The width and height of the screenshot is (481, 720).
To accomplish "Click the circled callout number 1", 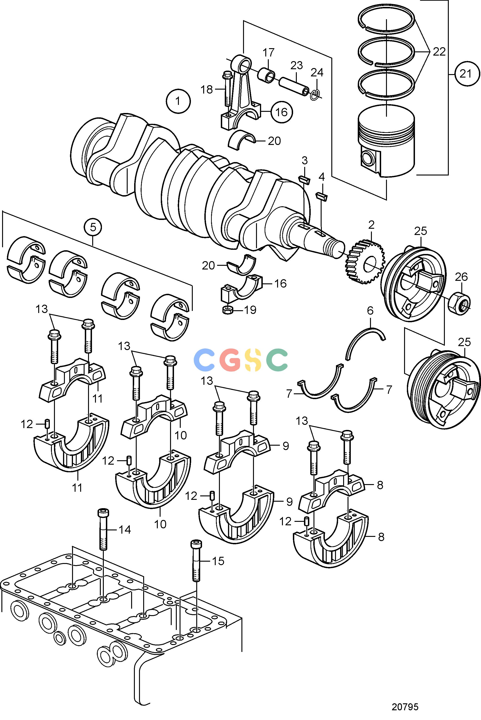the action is (x=178, y=100).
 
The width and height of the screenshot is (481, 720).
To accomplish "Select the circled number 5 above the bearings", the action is (x=93, y=227).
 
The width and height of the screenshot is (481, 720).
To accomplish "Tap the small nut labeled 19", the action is (x=227, y=310).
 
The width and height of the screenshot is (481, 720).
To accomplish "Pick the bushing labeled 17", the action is (x=266, y=75).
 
